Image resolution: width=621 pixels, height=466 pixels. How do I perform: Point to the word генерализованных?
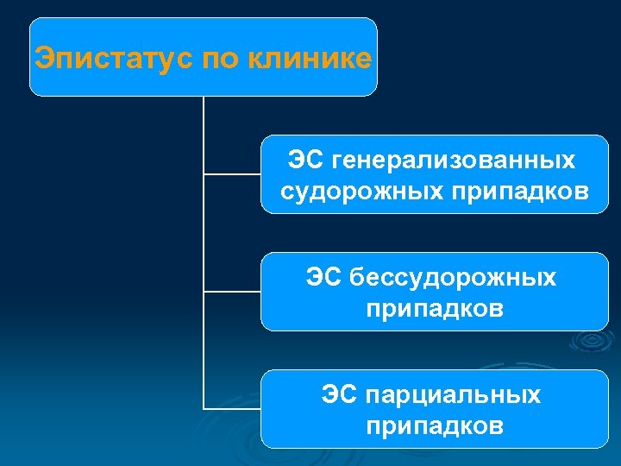tap(454, 161)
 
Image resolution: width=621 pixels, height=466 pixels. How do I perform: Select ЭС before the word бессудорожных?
tap(323, 278)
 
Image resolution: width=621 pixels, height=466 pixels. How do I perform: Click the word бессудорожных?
tap(454, 278)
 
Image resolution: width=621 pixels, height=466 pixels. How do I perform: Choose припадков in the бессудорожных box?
tap(435, 308)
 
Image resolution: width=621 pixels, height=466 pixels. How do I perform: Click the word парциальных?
tap(454, 395)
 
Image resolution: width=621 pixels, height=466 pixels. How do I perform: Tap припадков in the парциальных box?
tap(435, 425)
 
